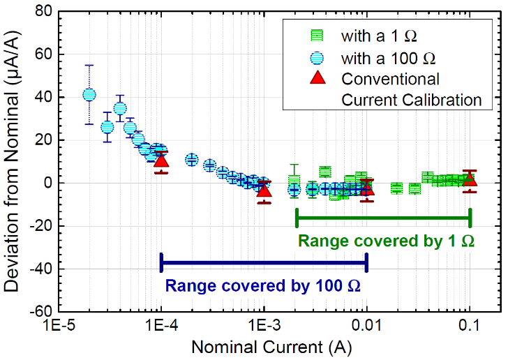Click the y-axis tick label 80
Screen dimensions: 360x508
click(44, 11)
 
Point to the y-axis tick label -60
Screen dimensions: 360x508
click(40, 311)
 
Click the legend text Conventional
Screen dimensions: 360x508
click(391, 78)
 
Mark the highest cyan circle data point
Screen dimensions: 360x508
click(89, 95)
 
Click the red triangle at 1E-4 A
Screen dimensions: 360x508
click(161, 161)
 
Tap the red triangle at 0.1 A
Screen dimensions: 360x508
click(470, 179)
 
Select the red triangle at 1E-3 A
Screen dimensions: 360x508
click(264, 190)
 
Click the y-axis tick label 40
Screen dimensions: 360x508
click(44, 97)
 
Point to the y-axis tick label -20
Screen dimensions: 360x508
click(40, 225)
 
